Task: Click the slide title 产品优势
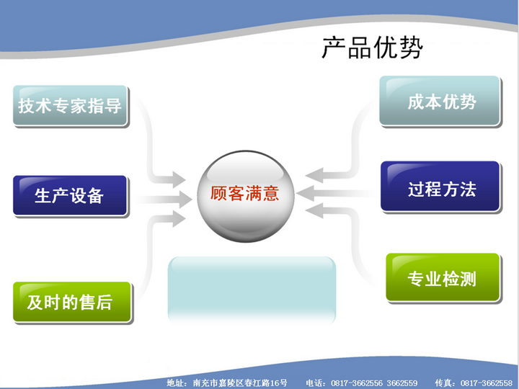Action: point(373,48)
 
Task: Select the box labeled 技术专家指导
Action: point(70,105)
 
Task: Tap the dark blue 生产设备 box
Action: point(70,195)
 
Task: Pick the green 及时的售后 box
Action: point(72,302)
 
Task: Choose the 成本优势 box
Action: point(440,101)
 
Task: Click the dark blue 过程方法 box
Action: point(440,187)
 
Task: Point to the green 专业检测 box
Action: point(443,277)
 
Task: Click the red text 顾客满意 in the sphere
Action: point(244,194)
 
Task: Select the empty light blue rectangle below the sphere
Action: point(252,290)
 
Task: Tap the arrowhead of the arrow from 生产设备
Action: point(185,199)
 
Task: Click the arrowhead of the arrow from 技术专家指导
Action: point(179,179)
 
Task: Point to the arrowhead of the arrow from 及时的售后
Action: point(179,219)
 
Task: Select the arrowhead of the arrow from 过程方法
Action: point(305,193)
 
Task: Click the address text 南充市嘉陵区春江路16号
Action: point(240,383)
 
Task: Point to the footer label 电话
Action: point(313,383)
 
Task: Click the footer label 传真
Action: point(443,383)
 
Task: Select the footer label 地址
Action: point(174,383)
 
